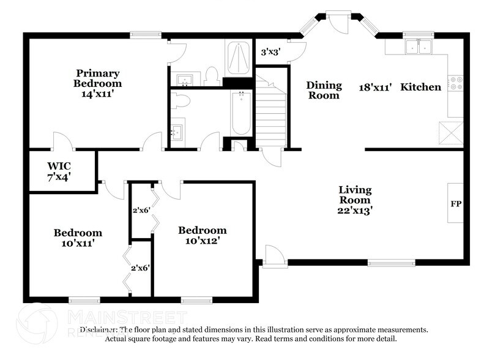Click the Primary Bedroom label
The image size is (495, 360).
97,78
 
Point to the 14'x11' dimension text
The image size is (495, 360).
97,94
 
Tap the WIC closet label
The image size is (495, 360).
60,165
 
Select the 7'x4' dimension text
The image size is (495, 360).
60,176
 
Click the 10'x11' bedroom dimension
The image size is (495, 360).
78,243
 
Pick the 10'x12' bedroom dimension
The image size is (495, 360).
202,241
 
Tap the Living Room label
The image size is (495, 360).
355,195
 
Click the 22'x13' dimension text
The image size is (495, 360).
355,210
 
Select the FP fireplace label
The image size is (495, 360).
456,203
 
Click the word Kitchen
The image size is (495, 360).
420,87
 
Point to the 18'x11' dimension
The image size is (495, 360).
375,87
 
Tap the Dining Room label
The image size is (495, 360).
323,90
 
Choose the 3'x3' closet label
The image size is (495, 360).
270,52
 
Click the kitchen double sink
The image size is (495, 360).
419,47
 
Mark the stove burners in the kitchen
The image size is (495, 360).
456,83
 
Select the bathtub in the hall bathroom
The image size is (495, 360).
241,113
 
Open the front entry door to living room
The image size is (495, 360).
274,256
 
